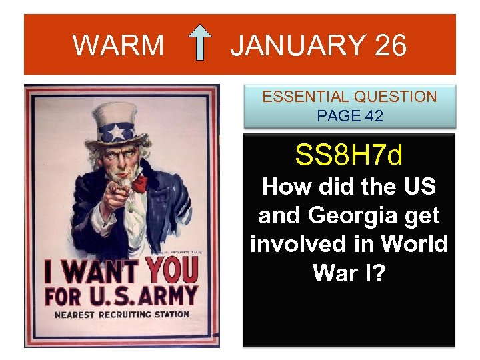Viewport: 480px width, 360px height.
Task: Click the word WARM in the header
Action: coord(118,45)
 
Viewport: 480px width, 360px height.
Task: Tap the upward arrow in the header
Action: coord(200,44)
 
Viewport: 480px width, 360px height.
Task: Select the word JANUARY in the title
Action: coord(297,45)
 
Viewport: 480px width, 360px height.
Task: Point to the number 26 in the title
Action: coord(390,45)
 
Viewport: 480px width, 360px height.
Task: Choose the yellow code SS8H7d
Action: coord(349,156)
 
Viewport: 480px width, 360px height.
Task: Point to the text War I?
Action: coord(349,273)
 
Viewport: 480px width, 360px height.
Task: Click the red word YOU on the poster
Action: coord(171,271)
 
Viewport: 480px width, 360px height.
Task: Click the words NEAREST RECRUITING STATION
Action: coord(122,314)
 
